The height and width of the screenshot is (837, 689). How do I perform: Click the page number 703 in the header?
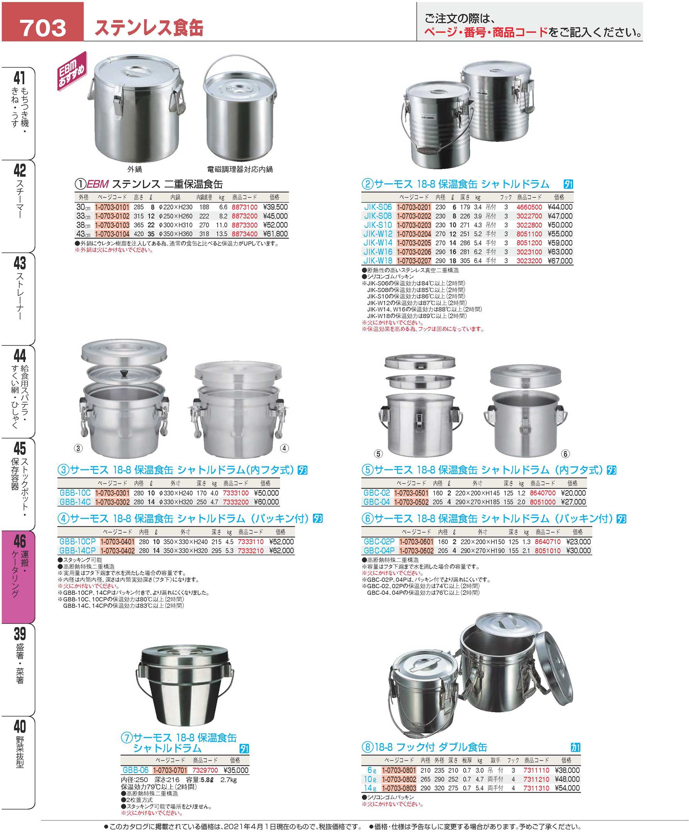[43, 28]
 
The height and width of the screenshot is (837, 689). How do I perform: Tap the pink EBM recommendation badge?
[72, 71]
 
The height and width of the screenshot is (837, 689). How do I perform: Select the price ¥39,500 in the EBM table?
[275, 207]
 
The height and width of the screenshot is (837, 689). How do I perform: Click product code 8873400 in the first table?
[244, 234]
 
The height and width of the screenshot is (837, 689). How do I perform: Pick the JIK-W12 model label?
[378, 234]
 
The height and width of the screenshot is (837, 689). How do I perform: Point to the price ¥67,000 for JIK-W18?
[560, 261]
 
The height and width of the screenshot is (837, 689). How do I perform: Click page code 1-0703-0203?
[414, 225]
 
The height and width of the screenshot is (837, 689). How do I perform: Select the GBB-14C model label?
[75, 502]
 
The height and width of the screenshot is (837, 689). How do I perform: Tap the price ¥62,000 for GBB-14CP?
[281, 551]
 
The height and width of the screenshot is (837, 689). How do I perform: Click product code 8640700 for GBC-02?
[542, 493]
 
